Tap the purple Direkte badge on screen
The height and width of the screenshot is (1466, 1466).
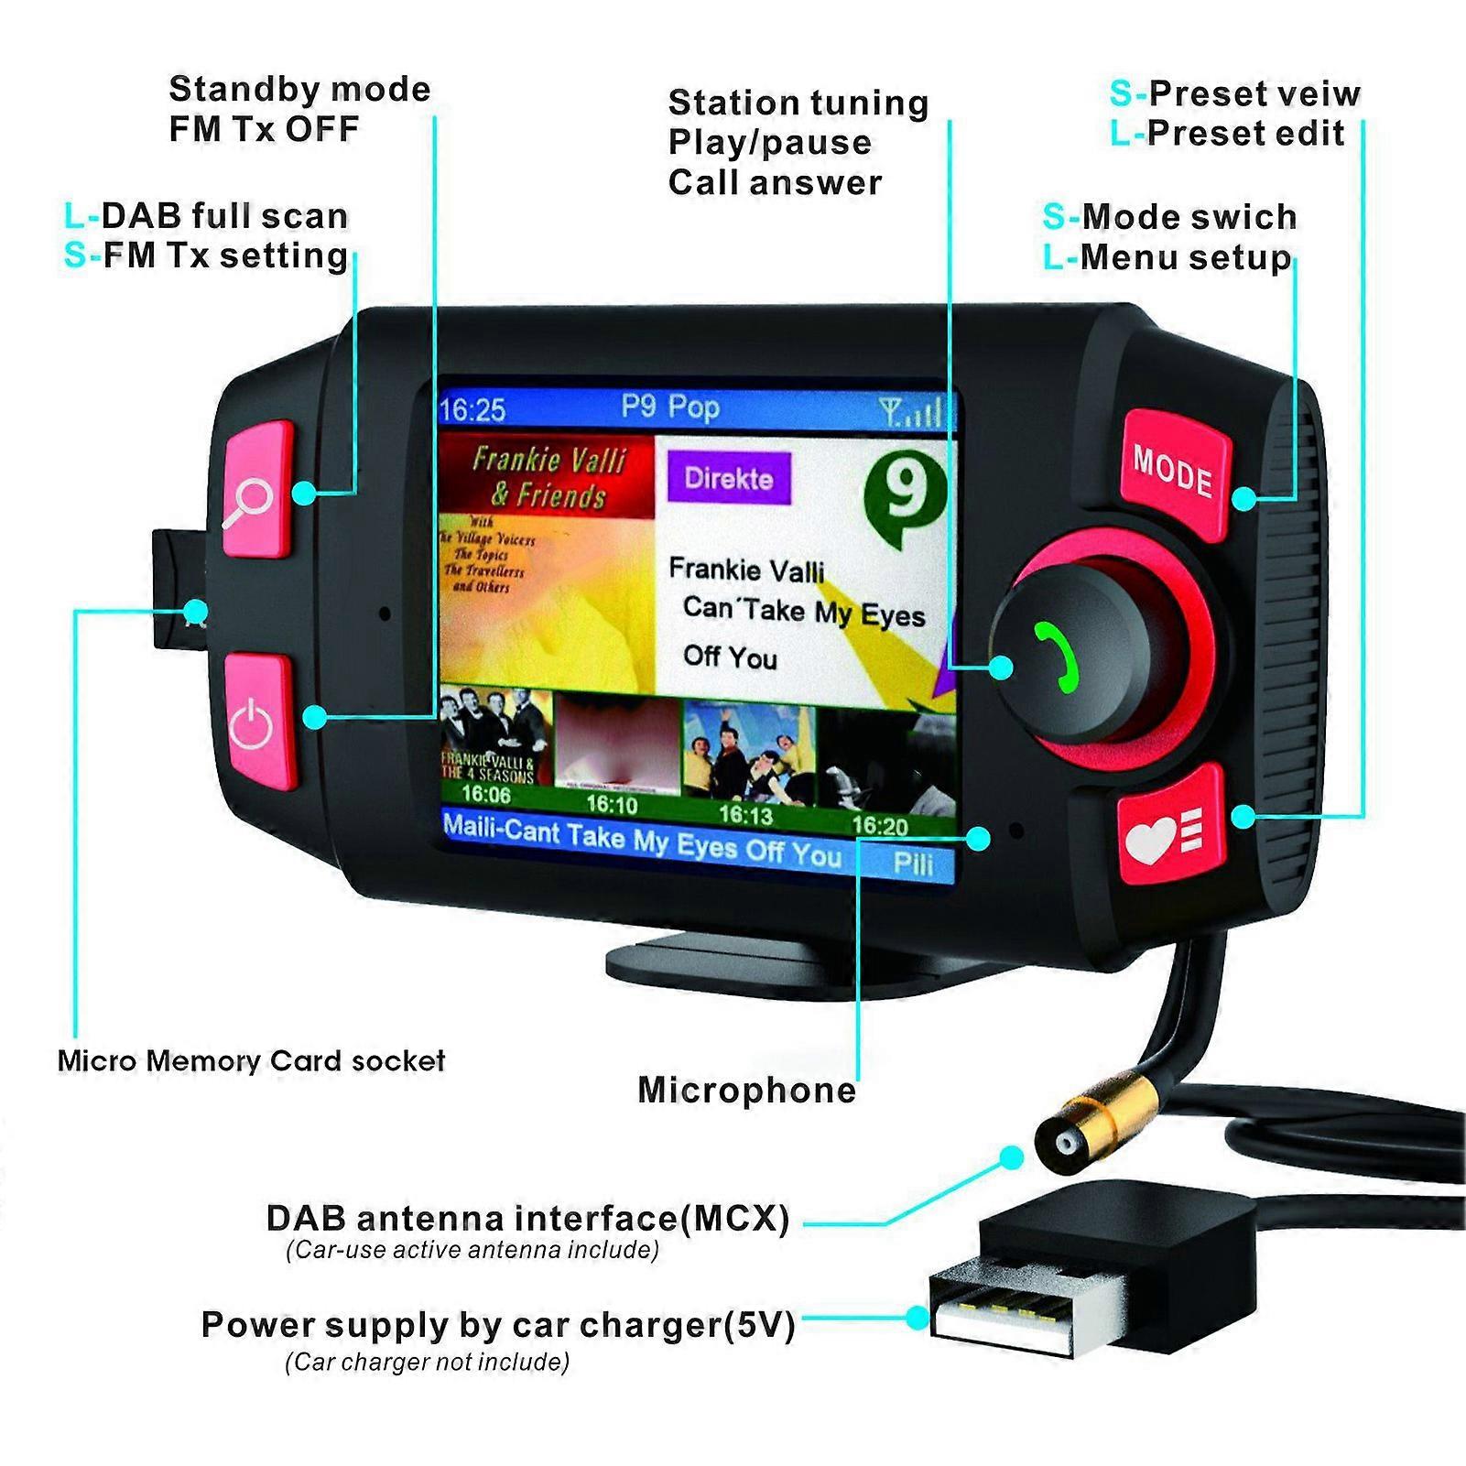(x=729, y=479)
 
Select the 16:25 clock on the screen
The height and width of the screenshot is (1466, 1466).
(x=472, y=409)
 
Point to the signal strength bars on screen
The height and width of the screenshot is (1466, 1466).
(x=911, y=411)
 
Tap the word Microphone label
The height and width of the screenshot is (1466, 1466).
(x=746, y=1090)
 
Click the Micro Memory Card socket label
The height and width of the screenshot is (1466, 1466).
(x=251, y=1061)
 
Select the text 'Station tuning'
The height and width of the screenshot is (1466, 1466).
(x=798, y=103)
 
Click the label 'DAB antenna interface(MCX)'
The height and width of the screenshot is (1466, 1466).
(x=527, y=1218)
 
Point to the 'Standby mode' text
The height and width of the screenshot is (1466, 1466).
(x=299, y=89)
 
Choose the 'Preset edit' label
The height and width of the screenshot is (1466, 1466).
(x=1244, y=134)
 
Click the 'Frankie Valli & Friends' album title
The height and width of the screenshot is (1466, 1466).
(x=548, y=477)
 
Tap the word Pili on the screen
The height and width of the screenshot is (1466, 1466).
(x=912, y=863)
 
